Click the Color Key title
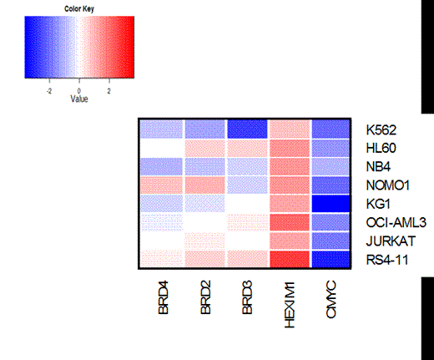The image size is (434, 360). [79, 9]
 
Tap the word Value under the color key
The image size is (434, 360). [79, 97]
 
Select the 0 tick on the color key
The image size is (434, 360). [79, 88]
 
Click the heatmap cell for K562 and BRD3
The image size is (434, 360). [247, 129]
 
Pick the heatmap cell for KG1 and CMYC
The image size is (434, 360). [334, 203]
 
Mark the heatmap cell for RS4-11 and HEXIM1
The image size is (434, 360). [290, 258]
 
